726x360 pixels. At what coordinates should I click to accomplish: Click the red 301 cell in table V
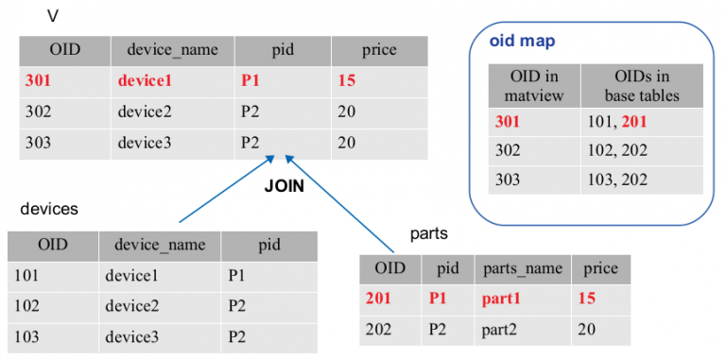pyautogui.click(x=39, y=80)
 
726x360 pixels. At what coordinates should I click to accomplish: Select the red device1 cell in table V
pyautogui.click(x=149, y=80)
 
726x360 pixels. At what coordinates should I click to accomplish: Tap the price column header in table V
pyautogui.click(x=378, y=49)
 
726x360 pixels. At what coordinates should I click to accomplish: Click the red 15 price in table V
pyautogui.click(x=346, y=80)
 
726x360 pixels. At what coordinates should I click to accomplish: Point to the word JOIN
pyautogui.click(x=283, y=186)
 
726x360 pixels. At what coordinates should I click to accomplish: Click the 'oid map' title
pyautogui.click(x=522, y=42)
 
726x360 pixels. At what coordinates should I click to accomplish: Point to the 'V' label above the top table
pyautogui.click(x=53, y=16)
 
